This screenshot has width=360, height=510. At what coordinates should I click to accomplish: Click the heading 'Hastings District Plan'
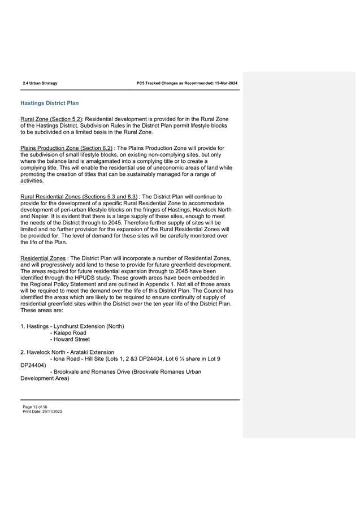click(x=49, y=103)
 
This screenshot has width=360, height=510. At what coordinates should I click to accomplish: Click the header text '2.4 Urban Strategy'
click(x=40, y=83)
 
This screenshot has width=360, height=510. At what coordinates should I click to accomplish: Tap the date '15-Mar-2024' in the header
click(x=226, y=83)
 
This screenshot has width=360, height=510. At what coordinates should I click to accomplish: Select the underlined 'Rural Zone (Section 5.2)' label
click(x=51, y=119)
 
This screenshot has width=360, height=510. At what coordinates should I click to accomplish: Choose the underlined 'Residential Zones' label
click(x=43, y=258)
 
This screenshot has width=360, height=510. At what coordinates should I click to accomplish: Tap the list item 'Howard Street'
click(x=72, y=340)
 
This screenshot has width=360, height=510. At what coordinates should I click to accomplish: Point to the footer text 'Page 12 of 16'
click(x=35, y=407)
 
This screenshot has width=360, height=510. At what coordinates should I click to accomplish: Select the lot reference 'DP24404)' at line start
click(x=33, y=365)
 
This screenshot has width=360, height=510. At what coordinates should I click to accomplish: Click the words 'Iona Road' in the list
click(x=68, y=359)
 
